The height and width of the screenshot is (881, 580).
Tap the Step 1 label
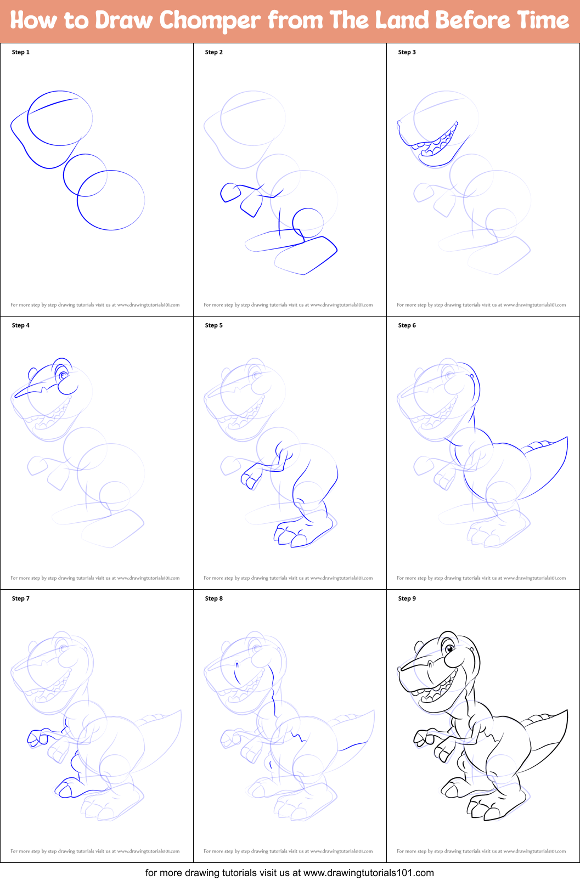click(x=21, y=52)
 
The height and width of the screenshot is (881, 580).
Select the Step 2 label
click(x=214, y=52)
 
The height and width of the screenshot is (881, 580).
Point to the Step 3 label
click(x=407, y=52)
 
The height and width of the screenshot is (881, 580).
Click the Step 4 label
click(x=21, y=325)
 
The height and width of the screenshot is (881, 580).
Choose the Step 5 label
click(x=214, y=325)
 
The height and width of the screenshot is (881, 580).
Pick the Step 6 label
click(x=407, y=325)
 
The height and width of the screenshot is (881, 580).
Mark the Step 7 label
click(x=21, y=598)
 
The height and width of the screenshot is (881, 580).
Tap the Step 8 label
click(x=214, y=598)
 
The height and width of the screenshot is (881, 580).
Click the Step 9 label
click(x=407, y=598)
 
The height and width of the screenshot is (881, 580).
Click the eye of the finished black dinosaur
click(x=450, y=649)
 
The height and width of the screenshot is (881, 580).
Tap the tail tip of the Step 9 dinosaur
click(x=566, y=711)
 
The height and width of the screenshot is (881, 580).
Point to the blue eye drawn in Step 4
click(x=64, y=375)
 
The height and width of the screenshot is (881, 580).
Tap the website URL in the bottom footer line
click(x=368, y=872)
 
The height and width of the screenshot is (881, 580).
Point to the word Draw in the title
click(x=123, y=21)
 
